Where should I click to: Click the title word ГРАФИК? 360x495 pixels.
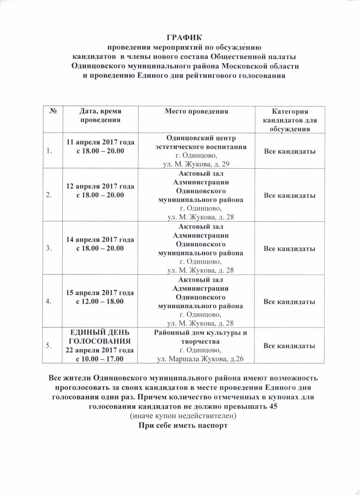(x=184, y=38)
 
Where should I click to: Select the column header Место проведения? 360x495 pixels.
(x=197, y=111)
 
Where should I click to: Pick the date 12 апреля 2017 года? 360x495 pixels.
(x=101, y=186)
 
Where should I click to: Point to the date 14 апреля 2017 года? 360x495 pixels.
(x=101, y=239)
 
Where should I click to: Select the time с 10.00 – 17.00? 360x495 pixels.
(x=101, y=359)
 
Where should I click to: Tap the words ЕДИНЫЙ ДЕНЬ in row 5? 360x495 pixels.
(x=101, y=333)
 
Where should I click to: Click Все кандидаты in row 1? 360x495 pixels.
(x=289, y=151)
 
